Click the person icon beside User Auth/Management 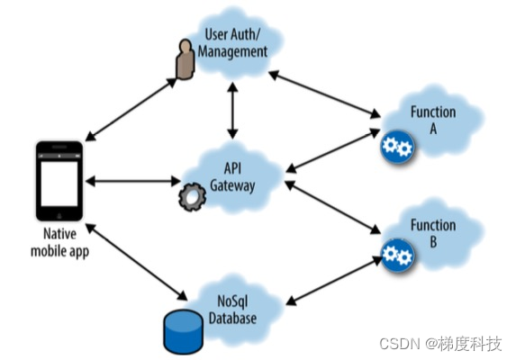[185, 59]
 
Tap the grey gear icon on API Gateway [192, 196]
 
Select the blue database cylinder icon [183, 331]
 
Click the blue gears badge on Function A [397, 147]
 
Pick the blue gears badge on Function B [397, 255]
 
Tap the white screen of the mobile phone [59, 184]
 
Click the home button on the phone [59, 216]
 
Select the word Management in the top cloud [232, 52]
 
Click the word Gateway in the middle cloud [232, 185]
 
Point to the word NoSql [232, 301]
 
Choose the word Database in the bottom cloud [232, 319]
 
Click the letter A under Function [433, 129]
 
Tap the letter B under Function [433, 241]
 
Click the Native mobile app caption [60, 243]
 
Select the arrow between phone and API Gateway [133, 181]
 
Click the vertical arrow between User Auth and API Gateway [232, 111]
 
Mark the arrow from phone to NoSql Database [136, 262]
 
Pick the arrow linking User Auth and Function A [325, 94]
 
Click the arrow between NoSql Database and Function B [334, 281]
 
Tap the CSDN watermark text [440, 344]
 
